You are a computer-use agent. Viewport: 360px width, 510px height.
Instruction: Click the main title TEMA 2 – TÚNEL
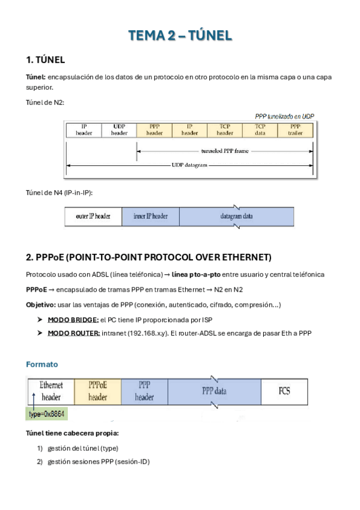pyautogui.click(x=180, y=36)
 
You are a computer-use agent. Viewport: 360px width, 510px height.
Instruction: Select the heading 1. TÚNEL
pyautogui.click(x=46, y=60)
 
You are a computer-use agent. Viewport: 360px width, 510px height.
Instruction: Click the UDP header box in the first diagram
pyautogui.click(x=119, y=129)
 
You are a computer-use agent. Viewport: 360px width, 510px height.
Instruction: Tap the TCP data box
pyautogui.click(x=260, y=129)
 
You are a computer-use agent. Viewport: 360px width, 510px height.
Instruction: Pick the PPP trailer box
pyautogui.click(x=295, y=129)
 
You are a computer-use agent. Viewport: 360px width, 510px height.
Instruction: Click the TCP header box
pyautogui.click(x=225, y=129)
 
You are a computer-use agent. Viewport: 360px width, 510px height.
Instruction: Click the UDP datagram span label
pyautogui.click(x=189, y=164)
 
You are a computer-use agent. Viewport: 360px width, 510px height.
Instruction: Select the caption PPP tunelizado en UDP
pyautogui.click(x=284, y=116)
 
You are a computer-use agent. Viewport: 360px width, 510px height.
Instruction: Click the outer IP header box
pyautogui.click(x=93, y=216)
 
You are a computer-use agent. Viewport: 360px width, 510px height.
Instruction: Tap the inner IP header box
pyautogui.click(x=150, y=216)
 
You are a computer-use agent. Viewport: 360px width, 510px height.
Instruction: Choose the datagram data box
pyautogui.click(x=236, y=216)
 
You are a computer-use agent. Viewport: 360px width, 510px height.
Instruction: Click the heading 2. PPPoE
pyautogui.click(x=148, y=257)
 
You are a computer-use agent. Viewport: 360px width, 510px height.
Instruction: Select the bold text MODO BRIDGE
pyautogui.click(x=73, y=319)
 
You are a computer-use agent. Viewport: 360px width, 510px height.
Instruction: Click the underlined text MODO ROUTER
pyautogui.click(x=73, y=333)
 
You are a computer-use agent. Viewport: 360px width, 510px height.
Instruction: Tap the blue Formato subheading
pyautogui.click(x=41, y=364)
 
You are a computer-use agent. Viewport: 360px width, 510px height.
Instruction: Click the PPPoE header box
pyautogui.click(x=97, y=391)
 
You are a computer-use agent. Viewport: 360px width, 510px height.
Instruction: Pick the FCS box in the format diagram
pyautogui.click(x=284, y=391)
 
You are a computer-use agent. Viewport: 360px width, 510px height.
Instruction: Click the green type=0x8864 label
pyautogui.click(x=47, y=414)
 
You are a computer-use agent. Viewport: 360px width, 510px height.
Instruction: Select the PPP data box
pyautogui.click(x=214, y=391)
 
